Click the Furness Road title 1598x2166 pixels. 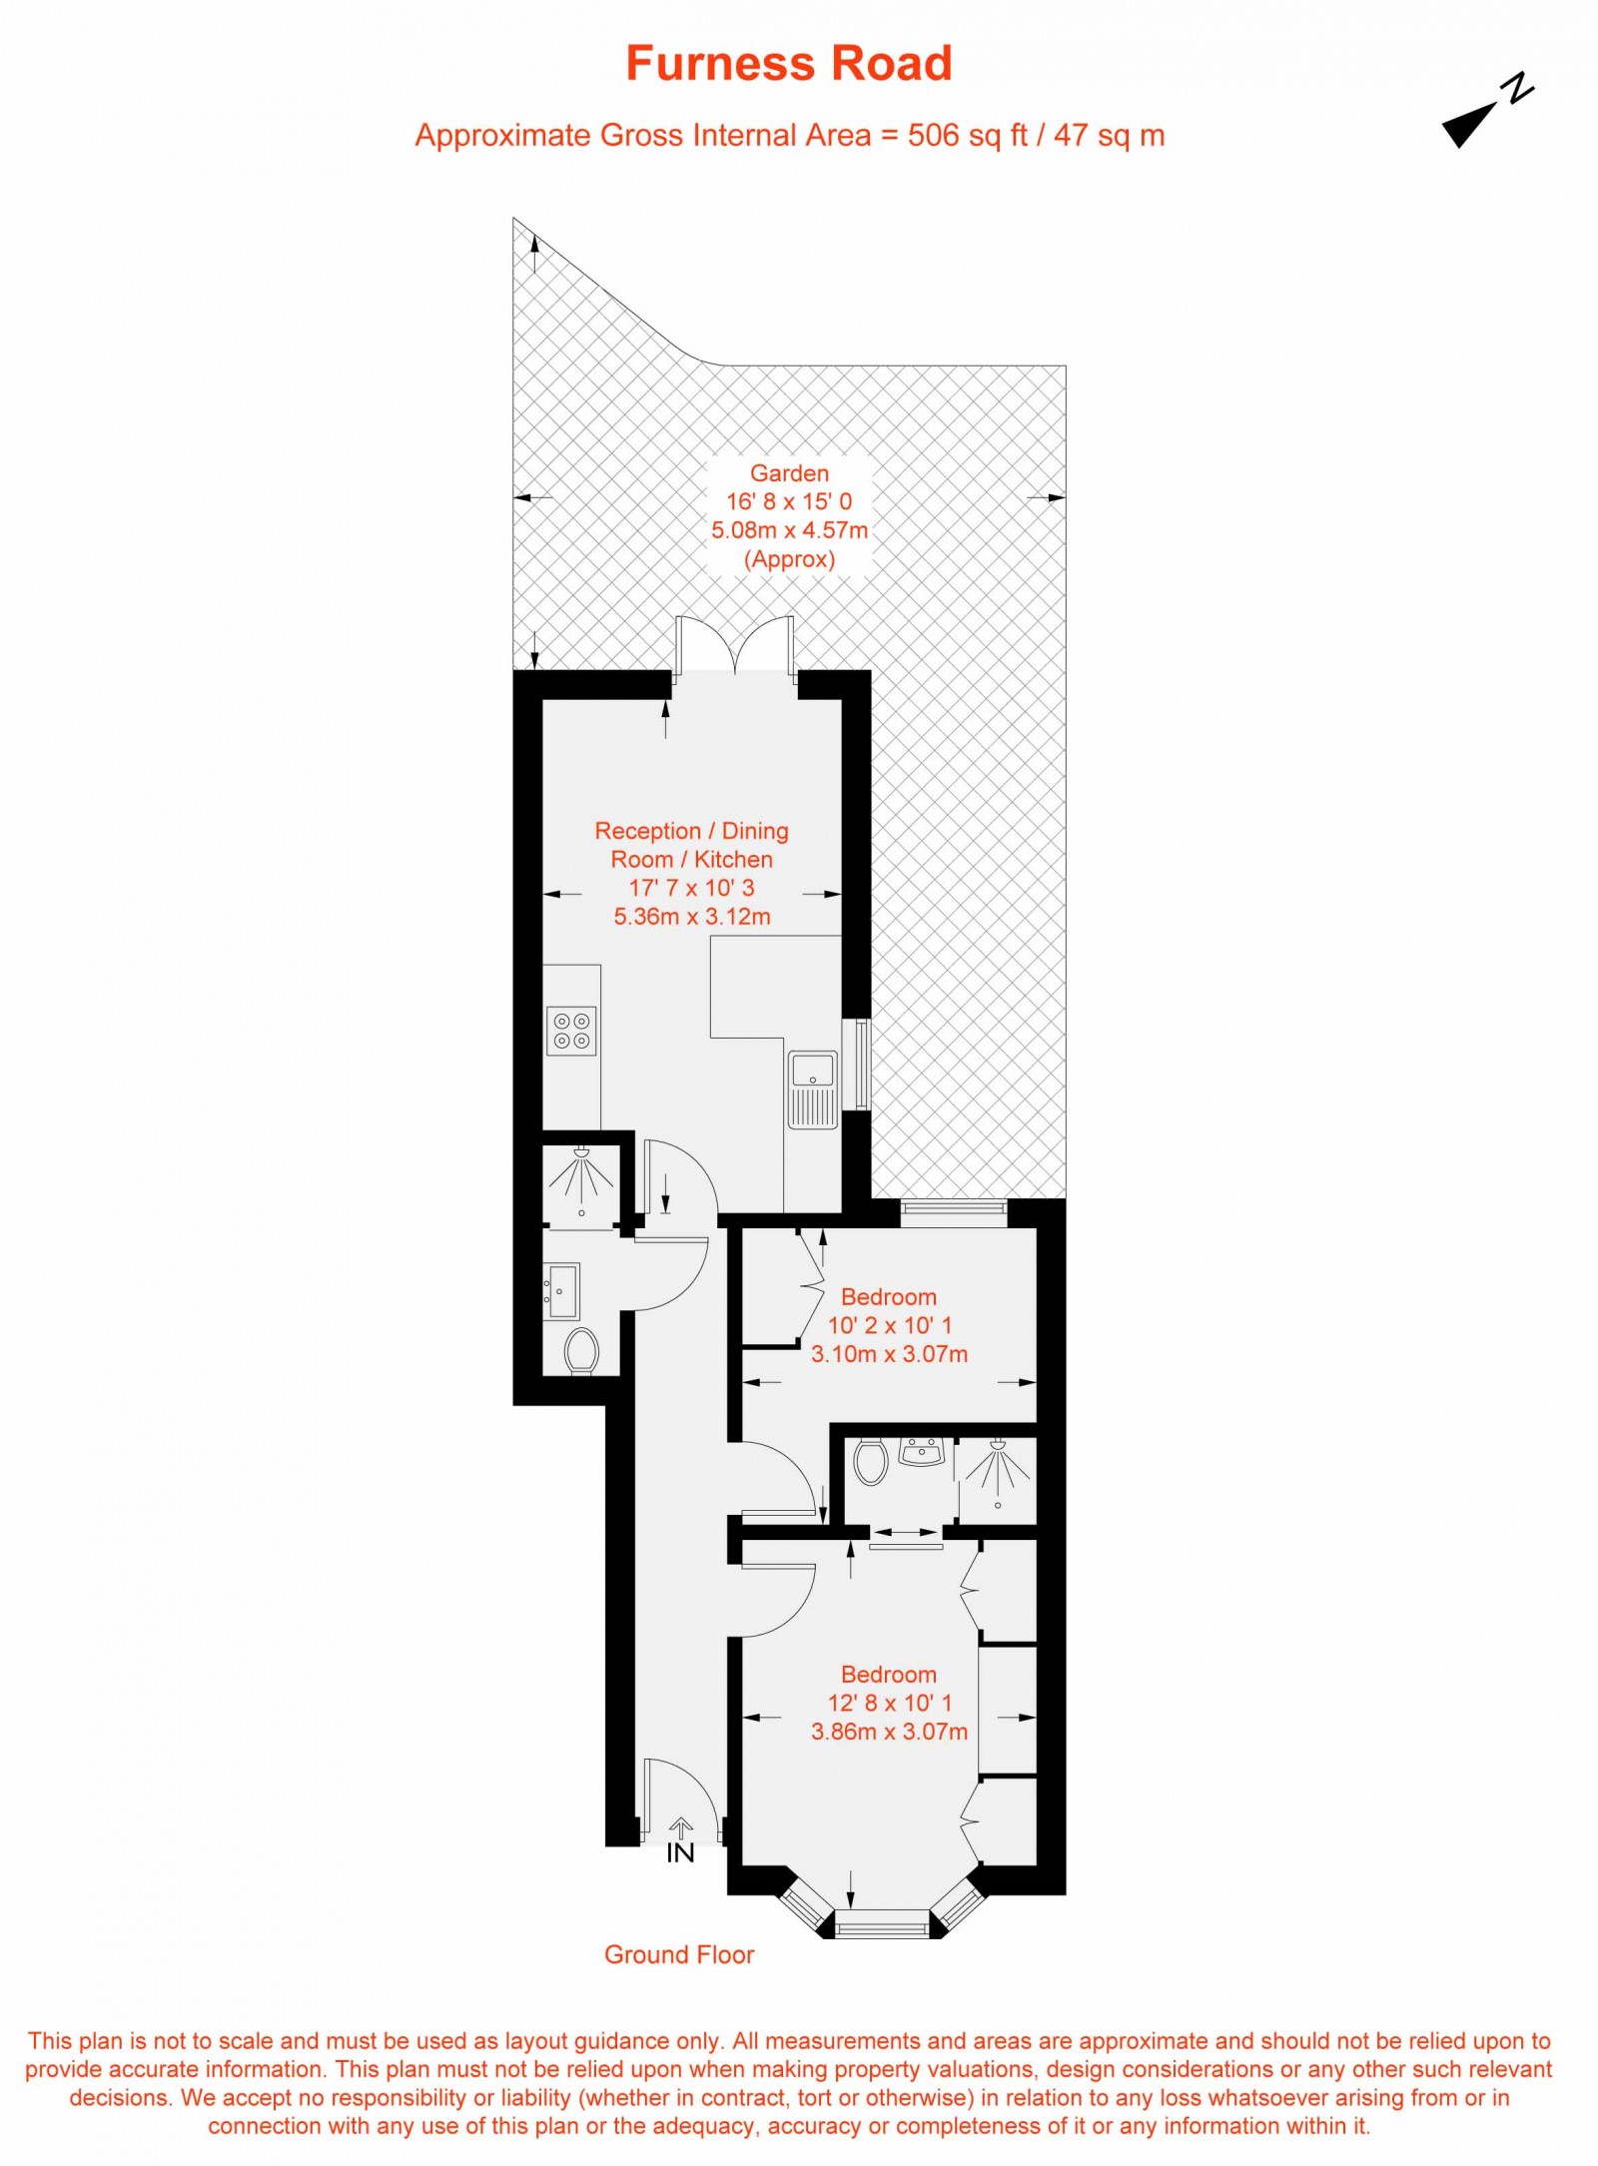point(788,64)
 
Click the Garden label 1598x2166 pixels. point(789,473)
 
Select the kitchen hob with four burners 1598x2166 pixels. point(572,1031)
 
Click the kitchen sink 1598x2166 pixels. point(812,1087)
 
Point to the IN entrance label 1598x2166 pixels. point(680,1853)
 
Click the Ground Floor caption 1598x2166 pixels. point(679,1954)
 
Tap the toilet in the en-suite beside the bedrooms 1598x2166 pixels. point(871,1463)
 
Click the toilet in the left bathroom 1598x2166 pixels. point(580,1351)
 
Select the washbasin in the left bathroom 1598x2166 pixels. point(561,1291)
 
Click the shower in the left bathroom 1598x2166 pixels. point(581,1178)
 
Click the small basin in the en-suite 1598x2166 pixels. point(921,1452)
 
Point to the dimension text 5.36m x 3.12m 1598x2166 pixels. point(692,916)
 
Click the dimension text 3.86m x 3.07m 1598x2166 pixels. point(889,1731)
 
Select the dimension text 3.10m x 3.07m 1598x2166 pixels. point(889,1353)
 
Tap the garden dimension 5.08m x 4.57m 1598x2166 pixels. point(789,530)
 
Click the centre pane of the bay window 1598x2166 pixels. point(882,1922)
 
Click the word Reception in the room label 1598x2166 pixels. point(648,831)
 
